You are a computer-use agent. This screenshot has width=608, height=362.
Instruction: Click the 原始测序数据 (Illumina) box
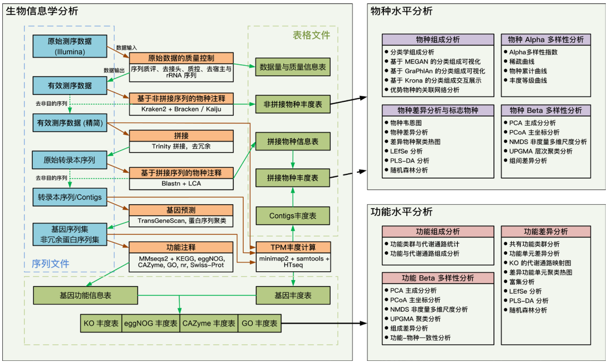point(70,46)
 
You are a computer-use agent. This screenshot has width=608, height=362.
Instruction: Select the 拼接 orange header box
point(181,136)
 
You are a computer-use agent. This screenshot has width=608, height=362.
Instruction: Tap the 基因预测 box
point(181,210)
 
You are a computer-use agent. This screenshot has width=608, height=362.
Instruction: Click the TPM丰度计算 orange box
point(292,247)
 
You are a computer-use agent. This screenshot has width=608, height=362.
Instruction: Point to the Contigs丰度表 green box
point(292,216)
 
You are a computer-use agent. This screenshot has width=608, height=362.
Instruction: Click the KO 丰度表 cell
point(101,323)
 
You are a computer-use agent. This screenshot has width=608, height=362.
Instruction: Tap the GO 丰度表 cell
point(259,323)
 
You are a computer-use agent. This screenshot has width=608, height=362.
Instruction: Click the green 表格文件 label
point(311,35)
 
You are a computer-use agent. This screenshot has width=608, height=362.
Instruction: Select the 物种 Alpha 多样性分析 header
point(545,40)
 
